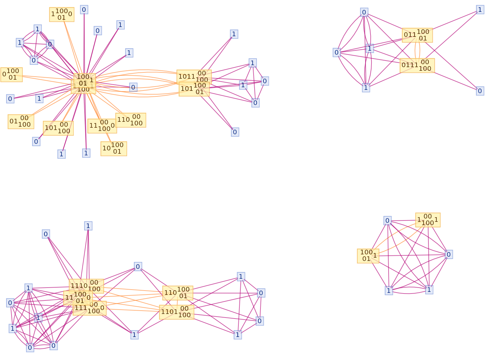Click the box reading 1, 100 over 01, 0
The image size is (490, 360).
tap(62, 14)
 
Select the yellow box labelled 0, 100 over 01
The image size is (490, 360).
tap(12, 74)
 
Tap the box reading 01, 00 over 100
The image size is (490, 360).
tap(21, 121)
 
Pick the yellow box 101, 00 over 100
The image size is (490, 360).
tap(58, 128)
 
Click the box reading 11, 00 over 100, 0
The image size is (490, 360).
tap(102, 126)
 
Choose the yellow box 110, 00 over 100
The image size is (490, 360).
tap(130, 120)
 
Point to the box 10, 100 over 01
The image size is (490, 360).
tap(114, 148)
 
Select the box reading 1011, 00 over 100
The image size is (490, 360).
tap(194, 77)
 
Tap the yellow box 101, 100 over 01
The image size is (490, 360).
tap(194, 89)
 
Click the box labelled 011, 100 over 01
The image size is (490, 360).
tap(417, 35)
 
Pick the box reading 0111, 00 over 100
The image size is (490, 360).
tap(417, 65)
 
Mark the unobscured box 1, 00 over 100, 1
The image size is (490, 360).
tap(428, 220)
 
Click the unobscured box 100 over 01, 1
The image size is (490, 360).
tap(368, 256)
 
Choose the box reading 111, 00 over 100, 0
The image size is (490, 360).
tap(90, 309)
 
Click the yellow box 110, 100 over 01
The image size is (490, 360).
tap(178, 293)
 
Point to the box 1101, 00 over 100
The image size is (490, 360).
tap(177, 312)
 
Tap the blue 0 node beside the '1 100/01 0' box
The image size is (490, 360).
tap(84, 10)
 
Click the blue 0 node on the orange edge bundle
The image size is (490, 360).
tap(133, 87)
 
